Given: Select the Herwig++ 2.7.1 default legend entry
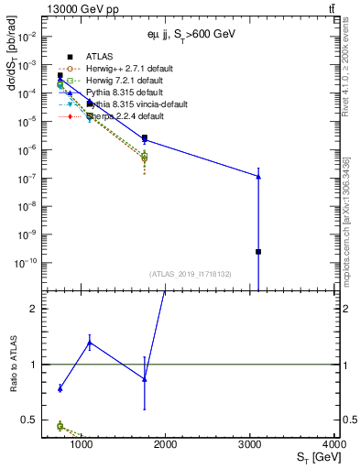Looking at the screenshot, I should [119, 69].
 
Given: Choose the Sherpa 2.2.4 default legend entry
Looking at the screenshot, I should [114, 116].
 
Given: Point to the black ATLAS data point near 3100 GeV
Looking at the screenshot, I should [258, 251].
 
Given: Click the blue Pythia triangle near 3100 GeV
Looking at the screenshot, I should [258, 176].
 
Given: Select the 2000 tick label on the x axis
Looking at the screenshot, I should [166, 446].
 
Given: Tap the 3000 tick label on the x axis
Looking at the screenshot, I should [251, 446].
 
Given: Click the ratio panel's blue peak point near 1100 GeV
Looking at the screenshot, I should [90, 343].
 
